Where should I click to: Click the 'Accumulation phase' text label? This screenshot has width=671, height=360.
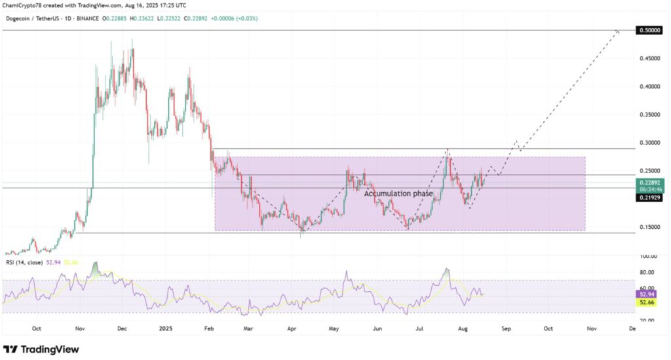(398, 194)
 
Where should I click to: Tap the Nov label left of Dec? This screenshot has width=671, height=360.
(81, 329)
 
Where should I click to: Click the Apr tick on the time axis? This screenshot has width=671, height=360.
(290, 329)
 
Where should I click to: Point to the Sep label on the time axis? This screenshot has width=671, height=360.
(505, 329)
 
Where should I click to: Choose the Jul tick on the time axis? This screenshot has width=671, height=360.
(419, 329)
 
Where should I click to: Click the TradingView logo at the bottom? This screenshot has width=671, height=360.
(41, 349)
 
